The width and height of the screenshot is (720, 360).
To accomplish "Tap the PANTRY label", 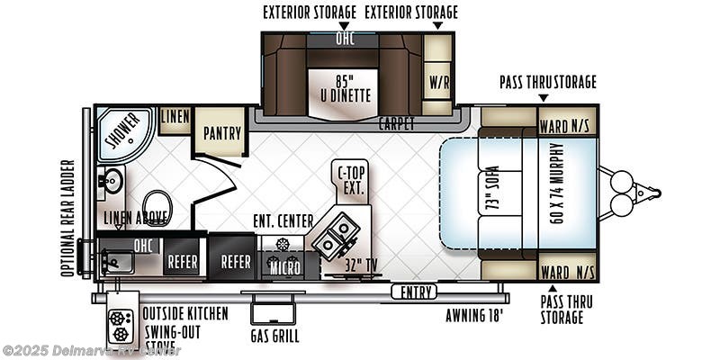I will (221, 133).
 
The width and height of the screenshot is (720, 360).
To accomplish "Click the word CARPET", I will (396, 121).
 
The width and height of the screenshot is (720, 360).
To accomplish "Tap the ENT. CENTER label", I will (283, 220).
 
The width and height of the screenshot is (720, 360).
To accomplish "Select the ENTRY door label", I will (415, 291).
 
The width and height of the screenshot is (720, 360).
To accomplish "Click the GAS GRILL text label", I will (274, 337).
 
